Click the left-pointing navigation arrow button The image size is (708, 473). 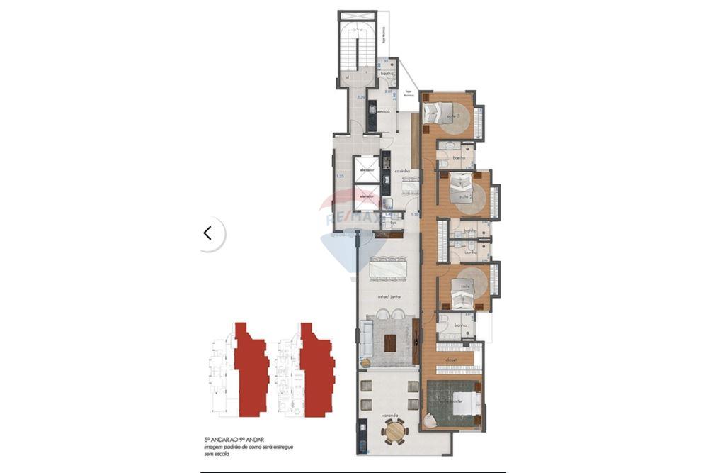coord(207,233)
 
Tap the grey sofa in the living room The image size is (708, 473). coord(366,339)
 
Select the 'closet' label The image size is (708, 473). coord(451,360)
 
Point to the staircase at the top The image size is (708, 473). coord(354,50)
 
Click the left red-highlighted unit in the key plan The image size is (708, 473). coord(251,369)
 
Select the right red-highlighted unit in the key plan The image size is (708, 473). coord(316,369)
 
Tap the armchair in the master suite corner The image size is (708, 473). coord(430,420)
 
